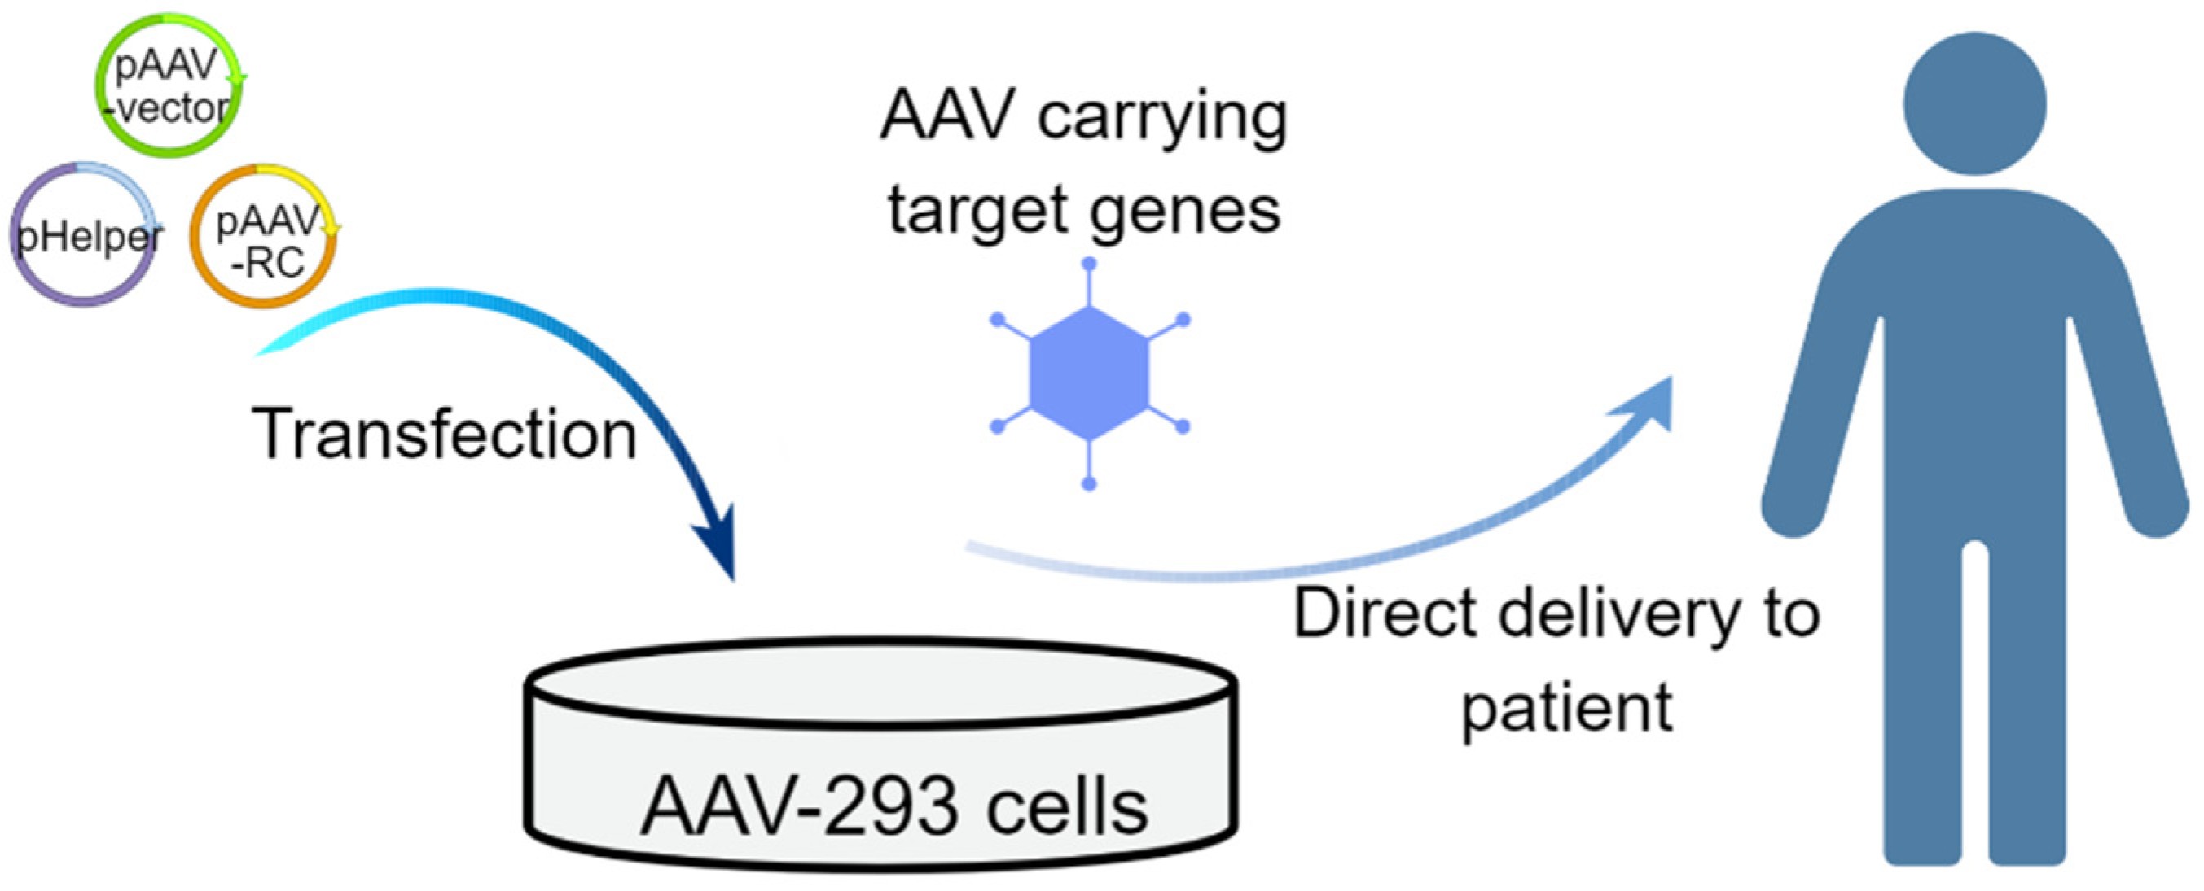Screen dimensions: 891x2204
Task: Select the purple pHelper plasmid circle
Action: (86, 235)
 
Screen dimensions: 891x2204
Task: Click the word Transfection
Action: (444, 435)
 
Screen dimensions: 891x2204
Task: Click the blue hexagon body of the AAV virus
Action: (1088, 373)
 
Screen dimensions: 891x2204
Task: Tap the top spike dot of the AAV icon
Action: (1088, 264)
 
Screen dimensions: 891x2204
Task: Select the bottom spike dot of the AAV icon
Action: (1088, 484)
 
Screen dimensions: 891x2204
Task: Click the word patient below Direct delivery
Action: (1565, 708)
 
